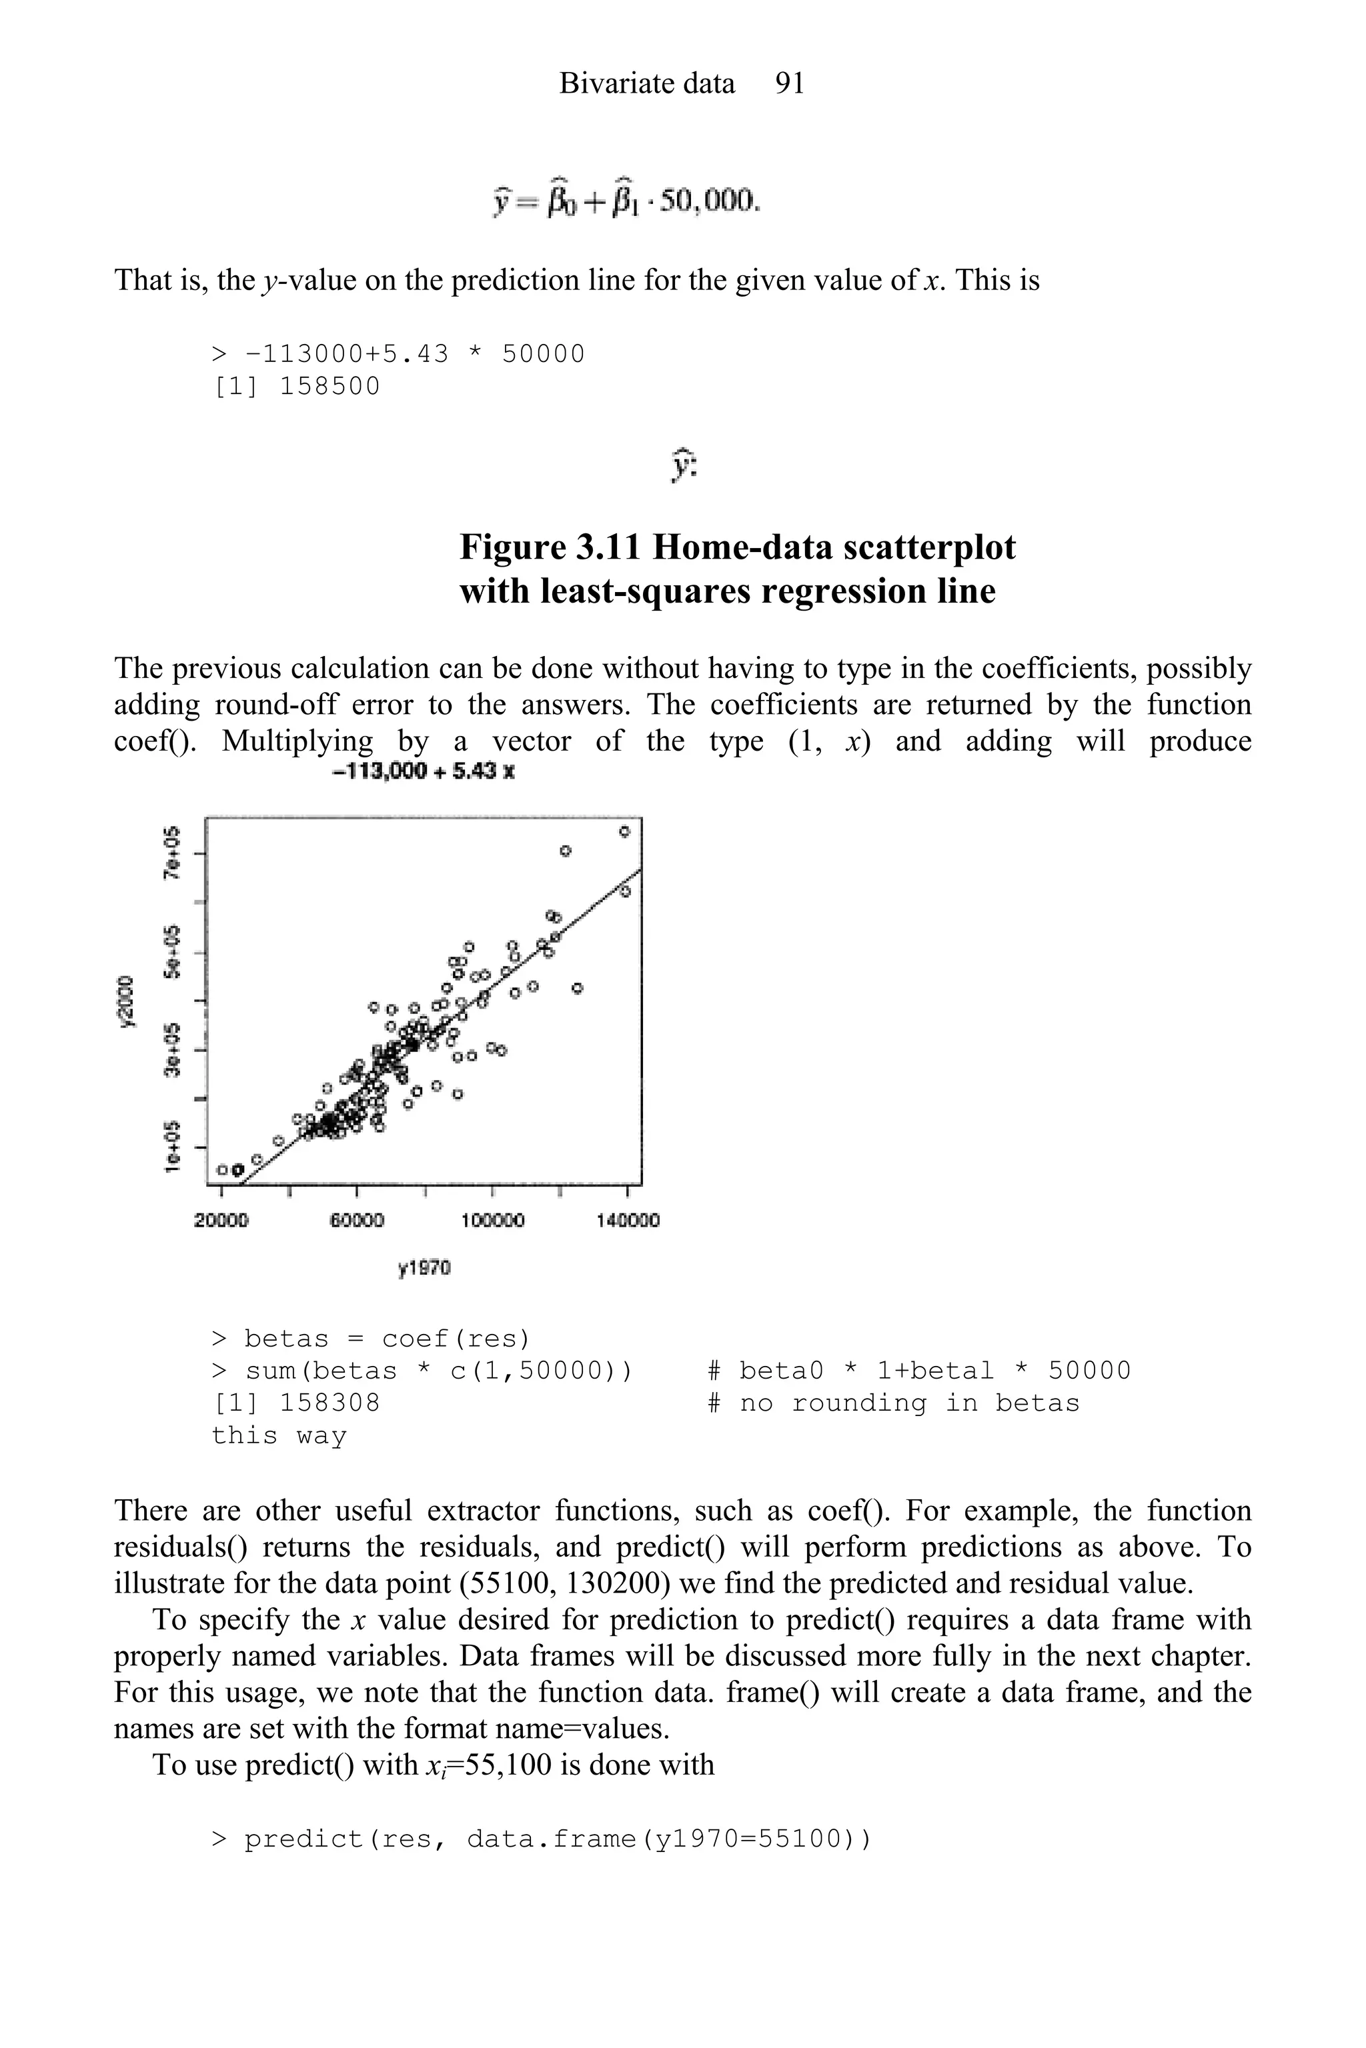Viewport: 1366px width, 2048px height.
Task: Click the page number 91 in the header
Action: [x=789, y=83]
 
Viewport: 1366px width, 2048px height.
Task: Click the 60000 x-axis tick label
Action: [x=356, y=1221]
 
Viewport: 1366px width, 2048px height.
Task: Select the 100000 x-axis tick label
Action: [x=492, y=1221]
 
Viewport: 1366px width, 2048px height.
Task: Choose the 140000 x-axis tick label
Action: [x=627, y=1221]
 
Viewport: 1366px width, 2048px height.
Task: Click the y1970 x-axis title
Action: [x=424, y=1269]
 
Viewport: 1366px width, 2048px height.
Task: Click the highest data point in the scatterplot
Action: [x=624, y=831]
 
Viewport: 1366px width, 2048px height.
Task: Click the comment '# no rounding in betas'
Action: [x=893, y=1403]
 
